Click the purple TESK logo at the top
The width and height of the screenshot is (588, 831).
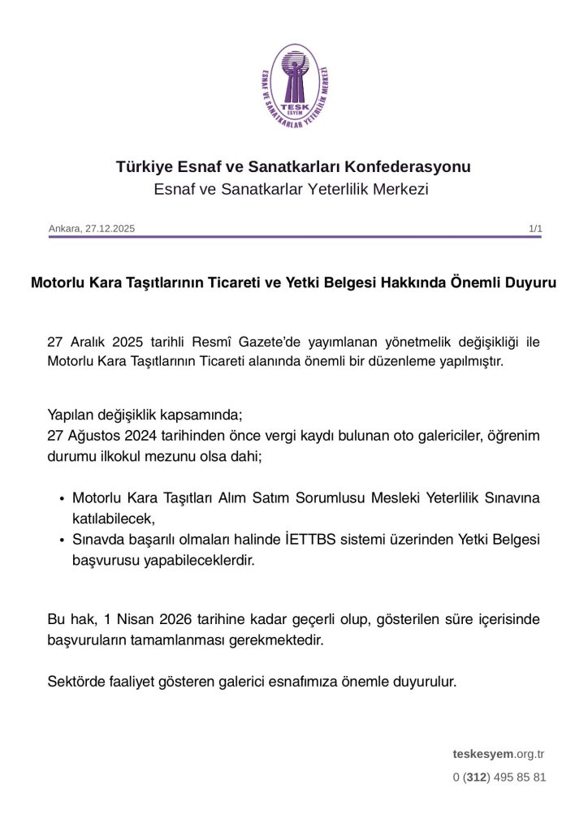[293, 84]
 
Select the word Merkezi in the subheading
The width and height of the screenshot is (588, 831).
[401, 190]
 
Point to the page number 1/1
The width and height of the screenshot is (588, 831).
[535, 229]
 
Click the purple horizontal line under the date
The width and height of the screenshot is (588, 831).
[294, 237]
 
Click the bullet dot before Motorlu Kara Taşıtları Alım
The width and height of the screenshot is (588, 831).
[63, 498]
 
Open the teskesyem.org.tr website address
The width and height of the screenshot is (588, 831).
[498, 754]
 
